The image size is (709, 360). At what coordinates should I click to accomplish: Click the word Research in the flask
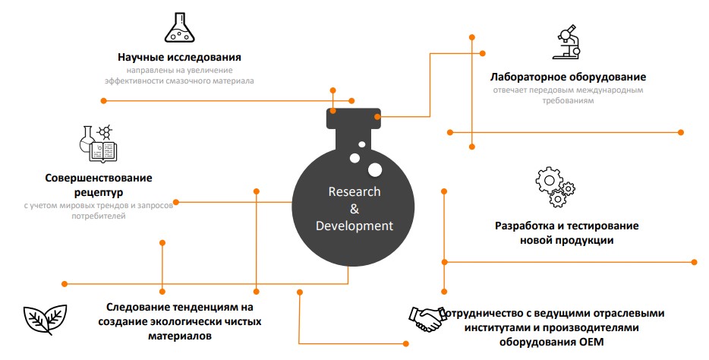pos(354,191)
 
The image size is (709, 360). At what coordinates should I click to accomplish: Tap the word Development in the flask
pos(354,226)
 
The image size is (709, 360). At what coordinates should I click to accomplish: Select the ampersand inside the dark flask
pos(354,209)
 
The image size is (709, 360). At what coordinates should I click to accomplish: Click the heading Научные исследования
pos(180,57)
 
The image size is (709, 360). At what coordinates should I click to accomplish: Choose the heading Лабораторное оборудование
pos(568,77)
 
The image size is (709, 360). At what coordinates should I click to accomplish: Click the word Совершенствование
pos(98,178)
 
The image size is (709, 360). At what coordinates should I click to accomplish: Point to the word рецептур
pos(99,192)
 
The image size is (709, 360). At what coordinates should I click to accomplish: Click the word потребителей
pos(99,216)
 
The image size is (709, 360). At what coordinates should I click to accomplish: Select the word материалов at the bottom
pos(179,335)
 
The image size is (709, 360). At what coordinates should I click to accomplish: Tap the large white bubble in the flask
pos(375,169)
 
